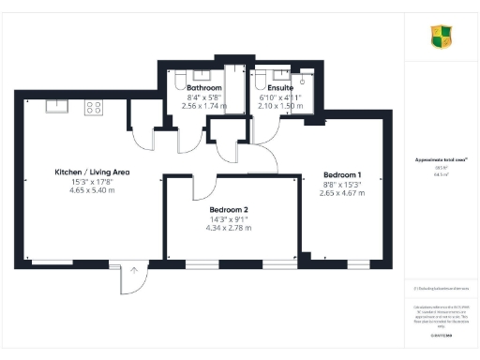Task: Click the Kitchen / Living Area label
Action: [92, 172]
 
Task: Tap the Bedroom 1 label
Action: [342, 175]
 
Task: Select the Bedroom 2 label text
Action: [229, 209]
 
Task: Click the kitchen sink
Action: [55, 107]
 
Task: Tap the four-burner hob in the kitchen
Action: [95, 107]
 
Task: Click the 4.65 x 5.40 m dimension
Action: [92, 190]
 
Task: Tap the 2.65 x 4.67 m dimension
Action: [342, 193]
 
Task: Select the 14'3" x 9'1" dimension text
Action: [229, 218]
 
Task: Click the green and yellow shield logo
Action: [441, 37]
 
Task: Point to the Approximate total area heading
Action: [441, 160]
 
